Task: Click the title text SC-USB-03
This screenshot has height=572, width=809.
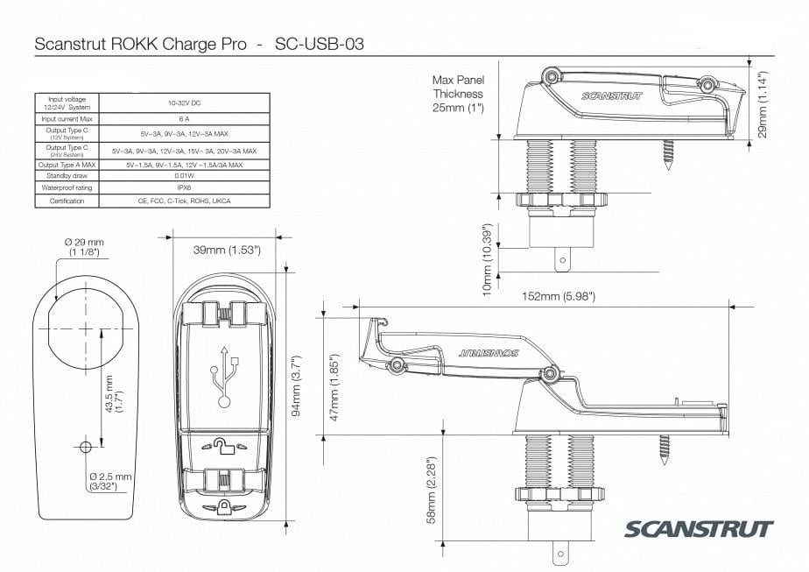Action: coord(320,43)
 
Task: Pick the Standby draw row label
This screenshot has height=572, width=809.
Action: coord(67,175)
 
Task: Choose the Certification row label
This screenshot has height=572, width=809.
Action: coord(67,201)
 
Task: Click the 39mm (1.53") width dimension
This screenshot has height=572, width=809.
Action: coord(227,250)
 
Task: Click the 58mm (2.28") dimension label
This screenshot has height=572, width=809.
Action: coord(430,489)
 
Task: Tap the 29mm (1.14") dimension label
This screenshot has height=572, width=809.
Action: coord(763,104)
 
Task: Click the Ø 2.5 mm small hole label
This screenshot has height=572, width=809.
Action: coord(110,481)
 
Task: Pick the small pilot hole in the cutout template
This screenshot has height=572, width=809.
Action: coord(85,447)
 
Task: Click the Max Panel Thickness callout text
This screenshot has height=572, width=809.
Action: coord(458,94)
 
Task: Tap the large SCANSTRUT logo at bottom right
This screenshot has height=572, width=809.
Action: coord(699,529)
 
